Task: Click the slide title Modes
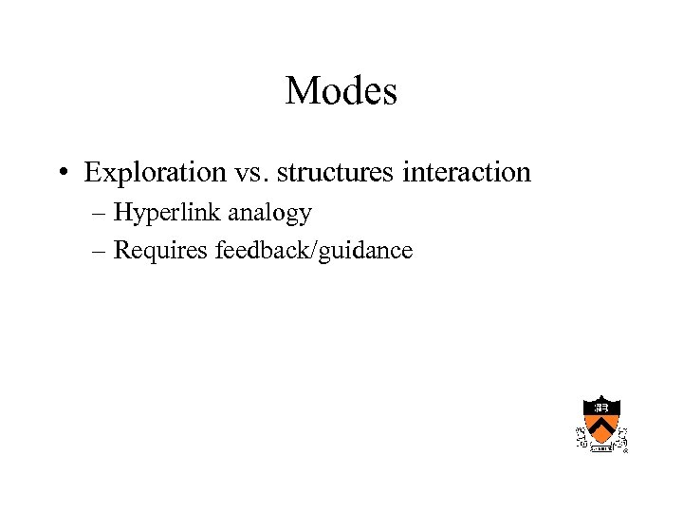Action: [x=341, y=91]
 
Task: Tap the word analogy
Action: [x=270, y=215]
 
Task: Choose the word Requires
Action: [x=161, y=252]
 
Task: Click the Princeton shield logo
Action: [x=600, y=422]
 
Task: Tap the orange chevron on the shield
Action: [x=600, y=428]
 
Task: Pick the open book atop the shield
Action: [x=600, y=407]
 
